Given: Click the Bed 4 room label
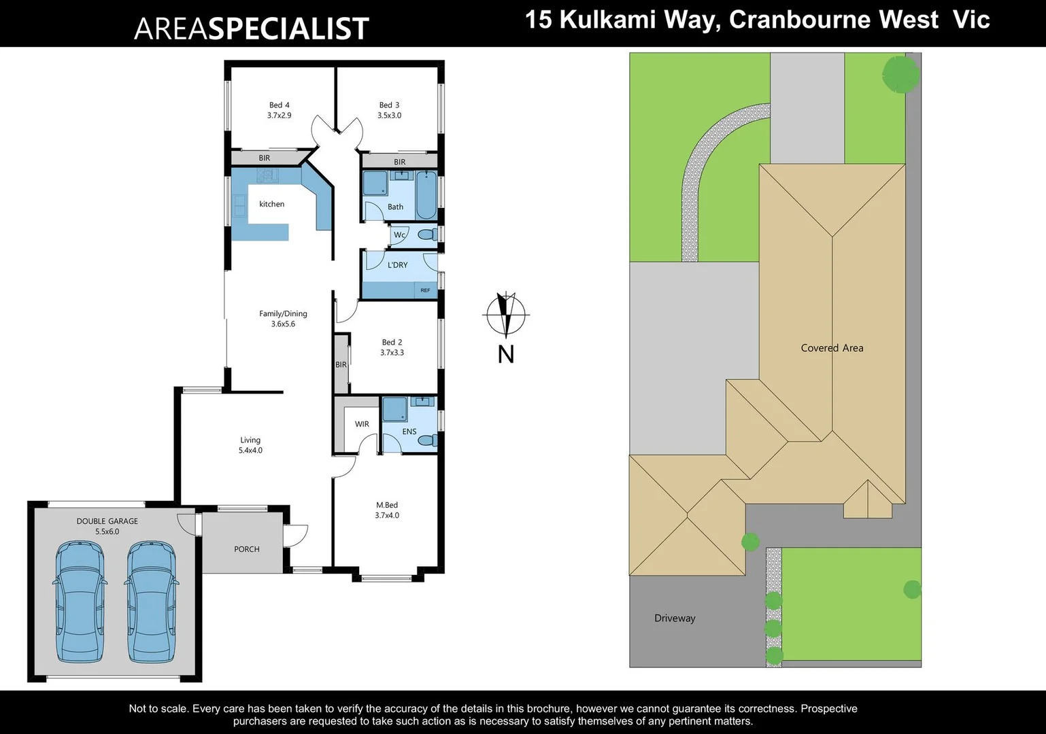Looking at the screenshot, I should (x=279, y=110).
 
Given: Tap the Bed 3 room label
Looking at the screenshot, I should (x=389, y=110).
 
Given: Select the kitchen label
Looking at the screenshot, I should (x=271, y=204).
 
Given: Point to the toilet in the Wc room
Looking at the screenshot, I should (x=427, y=235).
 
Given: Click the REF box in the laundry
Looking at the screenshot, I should (x=425, y=290).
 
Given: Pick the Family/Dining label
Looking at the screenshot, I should (x=283, y=319).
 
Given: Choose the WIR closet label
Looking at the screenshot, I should (x=362, y=424).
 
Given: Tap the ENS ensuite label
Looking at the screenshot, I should (x=409, y=432).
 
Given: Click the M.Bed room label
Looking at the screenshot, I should (x=387, y=510).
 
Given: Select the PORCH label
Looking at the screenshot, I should (x=247, y=549).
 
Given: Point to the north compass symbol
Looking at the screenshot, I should (x=505, y=315).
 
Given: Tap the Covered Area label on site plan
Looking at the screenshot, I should (x=832, y=348).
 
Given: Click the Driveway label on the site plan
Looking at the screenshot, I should (x=675, y=618).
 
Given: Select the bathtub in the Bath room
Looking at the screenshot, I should (x=426, y=194).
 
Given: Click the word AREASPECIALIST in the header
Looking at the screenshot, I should (x=252, y=29).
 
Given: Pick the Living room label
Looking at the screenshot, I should (x=250, y=445).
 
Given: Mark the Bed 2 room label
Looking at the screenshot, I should (x=392, y=347).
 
